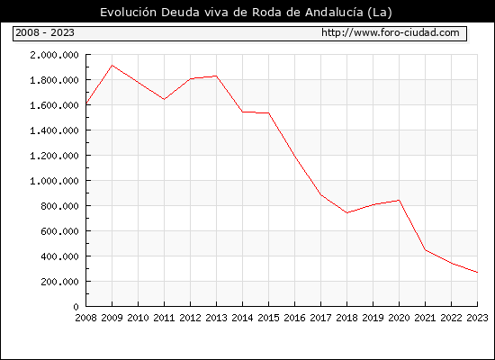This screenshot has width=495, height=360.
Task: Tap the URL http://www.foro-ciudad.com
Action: pyautogui.click(x=391, y=32)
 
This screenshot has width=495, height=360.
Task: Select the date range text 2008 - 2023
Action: pyautogui.click(x=45, y=32)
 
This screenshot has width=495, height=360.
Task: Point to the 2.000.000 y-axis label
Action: pyautogui.click(x=54, y=55)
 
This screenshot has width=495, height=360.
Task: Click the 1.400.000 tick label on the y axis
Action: pyautogui.click(x=54, y=130)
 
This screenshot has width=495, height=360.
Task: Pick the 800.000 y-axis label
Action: pyautogui.click(x=59, y=206)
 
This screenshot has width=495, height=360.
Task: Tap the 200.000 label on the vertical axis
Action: pyautogui.click(x=59, y=282)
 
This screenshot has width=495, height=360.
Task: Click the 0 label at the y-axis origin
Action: pyautogui.click(x=76, y=307)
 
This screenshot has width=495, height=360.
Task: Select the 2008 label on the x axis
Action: pyautogui.click(x=85, y=318)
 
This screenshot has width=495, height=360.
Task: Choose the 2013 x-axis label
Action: pyautogui.click(x=216, y=318)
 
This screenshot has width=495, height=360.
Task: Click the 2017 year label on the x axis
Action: pyautogui.click(x=320, y=318)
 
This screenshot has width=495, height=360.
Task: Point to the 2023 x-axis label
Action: pyautogui.click(x=477, y=318)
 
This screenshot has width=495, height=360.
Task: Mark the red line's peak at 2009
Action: pyautogui.click(x=112, y=66)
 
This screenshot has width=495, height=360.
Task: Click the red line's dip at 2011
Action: pyautogui.click(x=164, y=99)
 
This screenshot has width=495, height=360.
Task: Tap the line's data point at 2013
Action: pyautogui.click(x=216, y=76)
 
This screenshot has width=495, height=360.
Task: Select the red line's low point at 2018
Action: pyautogui.click(x=346, y=212)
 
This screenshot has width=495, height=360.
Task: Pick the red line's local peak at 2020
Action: pyautogui.click(x=399, y=200)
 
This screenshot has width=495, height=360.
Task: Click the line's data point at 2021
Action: pyautogui.click(x=425, y=250)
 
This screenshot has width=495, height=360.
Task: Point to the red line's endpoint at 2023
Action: pyautogui.click(x=477, y=272)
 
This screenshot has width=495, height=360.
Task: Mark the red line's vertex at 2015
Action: pyautogui.click(x=269, y=112)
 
